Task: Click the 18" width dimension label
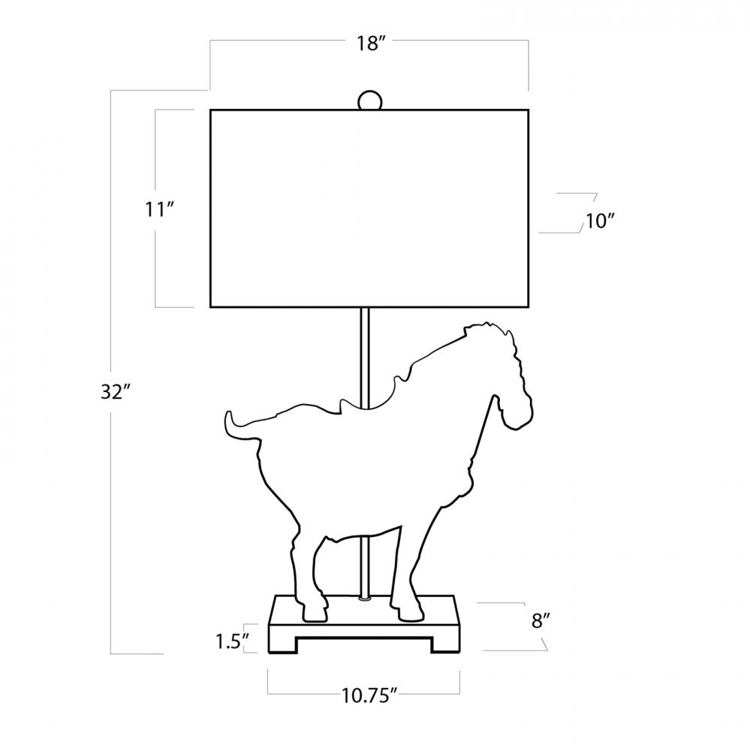[371, 44]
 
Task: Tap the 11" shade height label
[159, 210]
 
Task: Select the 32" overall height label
[116, 392]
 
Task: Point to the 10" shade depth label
[600, 222]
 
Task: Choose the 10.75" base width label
[369, 695]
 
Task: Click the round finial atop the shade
[369, 101]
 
